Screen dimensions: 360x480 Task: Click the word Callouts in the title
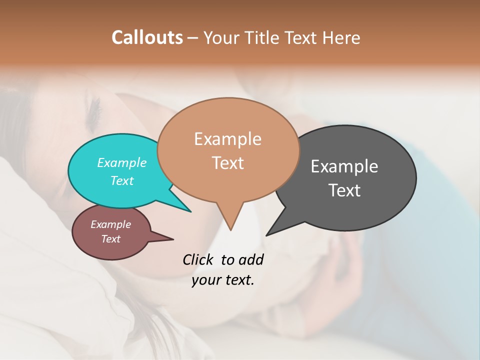tap(147, 37)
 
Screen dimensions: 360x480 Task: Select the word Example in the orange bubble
tap(227, 139)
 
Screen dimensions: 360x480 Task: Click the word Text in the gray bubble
tap(344, 190)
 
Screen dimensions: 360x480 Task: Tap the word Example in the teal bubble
tap(121, 163)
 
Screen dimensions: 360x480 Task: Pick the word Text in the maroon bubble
tap(111, 239)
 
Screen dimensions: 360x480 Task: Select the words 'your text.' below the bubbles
tap(223, 280)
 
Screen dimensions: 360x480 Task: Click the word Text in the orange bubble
tap(228, 163)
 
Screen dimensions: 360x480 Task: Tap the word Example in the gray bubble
tap(344, 166)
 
